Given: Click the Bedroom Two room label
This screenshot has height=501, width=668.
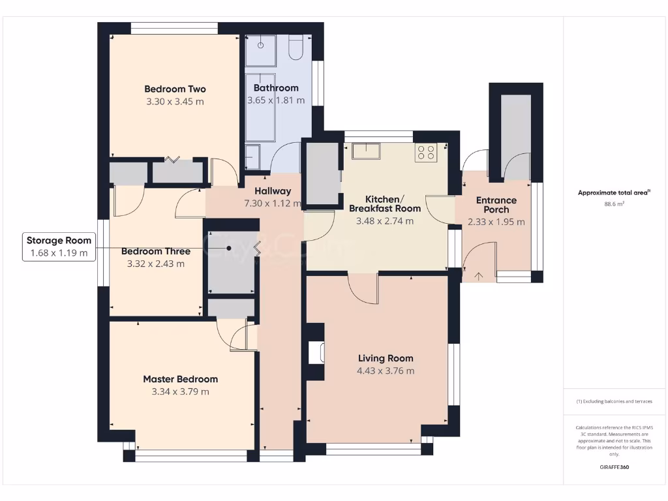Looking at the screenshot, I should point(175,89).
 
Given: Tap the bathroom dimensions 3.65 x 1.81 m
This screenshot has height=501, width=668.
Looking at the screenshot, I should point(276,100).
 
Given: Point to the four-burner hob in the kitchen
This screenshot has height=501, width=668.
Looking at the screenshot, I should point(426,153).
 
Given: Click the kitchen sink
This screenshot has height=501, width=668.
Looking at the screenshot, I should point(365,151).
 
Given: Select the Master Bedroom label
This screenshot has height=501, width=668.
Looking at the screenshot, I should point(180,379).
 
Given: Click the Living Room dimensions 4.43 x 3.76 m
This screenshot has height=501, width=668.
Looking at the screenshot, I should point(386,371).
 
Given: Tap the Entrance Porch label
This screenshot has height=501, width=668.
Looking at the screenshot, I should point(496,205).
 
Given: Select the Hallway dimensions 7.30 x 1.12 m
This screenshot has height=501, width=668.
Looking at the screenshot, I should point(272,204).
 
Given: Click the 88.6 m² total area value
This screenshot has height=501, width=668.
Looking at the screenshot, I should point(614,204).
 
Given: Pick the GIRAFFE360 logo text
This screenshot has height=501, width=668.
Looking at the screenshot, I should point(614,467).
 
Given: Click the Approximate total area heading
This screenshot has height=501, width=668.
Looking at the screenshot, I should point(614,192).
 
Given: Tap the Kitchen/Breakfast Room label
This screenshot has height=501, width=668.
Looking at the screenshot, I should point(385,204).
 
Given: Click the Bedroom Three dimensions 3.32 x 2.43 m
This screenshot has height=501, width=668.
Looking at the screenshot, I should point(156,264).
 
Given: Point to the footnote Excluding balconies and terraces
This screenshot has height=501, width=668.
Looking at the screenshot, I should point(614,401).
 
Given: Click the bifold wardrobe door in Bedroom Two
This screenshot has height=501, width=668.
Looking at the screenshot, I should point(173,160).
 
